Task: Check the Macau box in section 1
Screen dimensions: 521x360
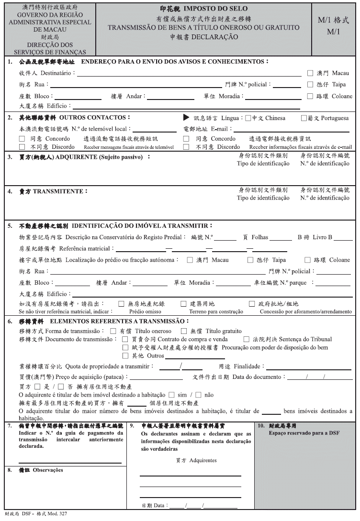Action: point(310,73)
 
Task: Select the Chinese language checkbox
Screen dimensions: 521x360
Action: point(248,118)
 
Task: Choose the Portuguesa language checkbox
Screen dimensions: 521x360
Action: point(304,118)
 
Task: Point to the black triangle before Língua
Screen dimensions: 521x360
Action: point(187,118)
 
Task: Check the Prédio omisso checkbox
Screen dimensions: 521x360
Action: point(122,304)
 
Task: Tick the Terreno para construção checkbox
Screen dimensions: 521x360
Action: point(183,304)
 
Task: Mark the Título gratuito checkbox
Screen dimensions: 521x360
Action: point(184,331)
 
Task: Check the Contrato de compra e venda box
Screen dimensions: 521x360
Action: point(126,339)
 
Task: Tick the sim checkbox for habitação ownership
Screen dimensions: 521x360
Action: point(171,395)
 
